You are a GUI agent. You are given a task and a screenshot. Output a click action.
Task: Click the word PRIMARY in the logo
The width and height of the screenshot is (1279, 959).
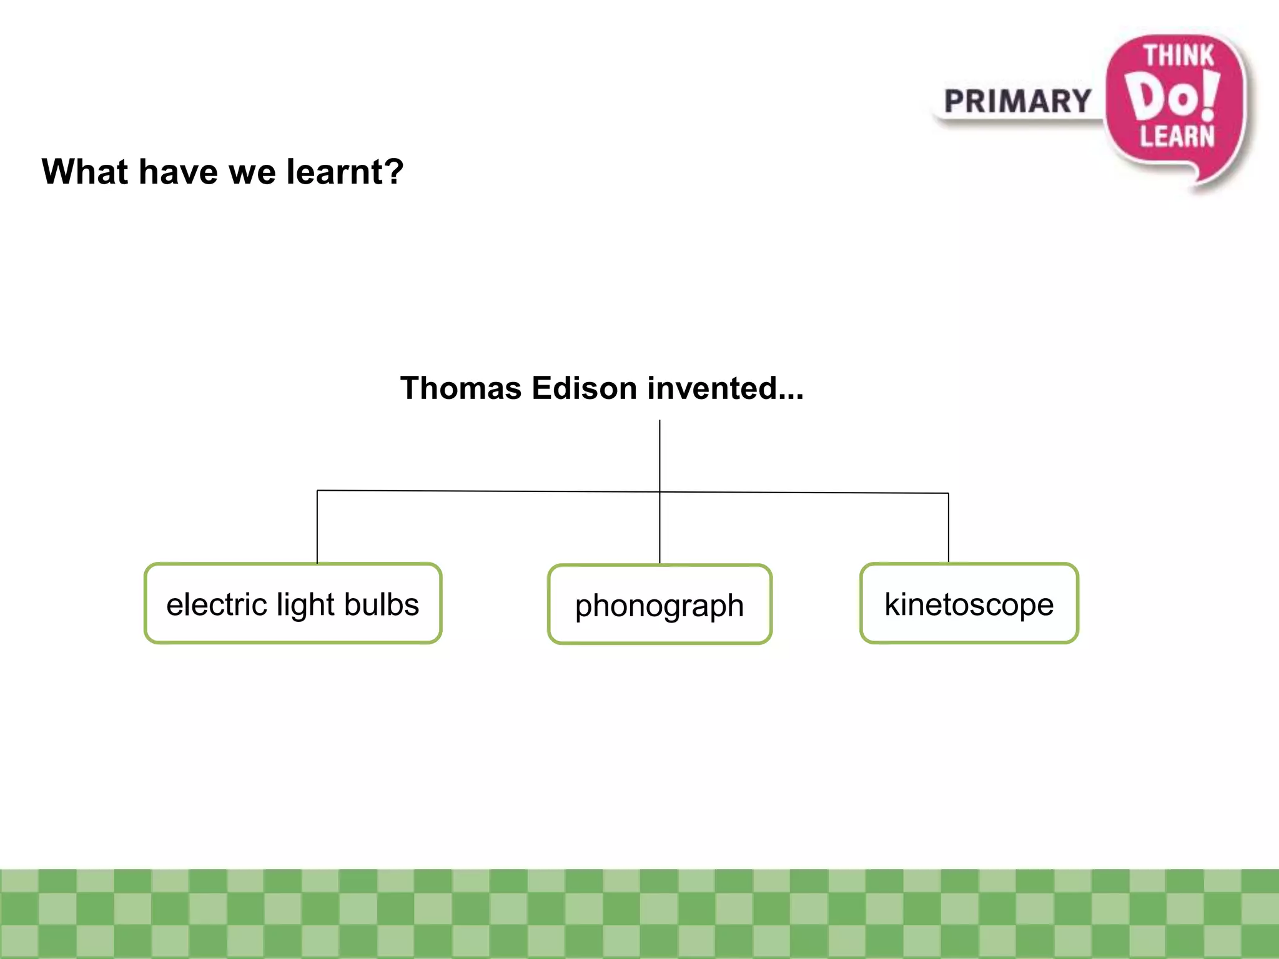1017,101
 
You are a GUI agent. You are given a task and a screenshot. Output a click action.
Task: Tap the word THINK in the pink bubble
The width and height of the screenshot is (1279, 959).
1178,56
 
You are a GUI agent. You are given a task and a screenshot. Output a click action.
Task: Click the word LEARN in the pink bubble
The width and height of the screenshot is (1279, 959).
1177,136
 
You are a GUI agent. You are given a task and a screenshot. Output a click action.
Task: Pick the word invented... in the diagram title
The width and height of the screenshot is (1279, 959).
725,388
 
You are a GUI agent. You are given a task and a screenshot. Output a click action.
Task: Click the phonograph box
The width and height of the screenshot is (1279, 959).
659,604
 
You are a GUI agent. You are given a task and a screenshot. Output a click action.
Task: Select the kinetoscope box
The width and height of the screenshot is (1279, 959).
969,603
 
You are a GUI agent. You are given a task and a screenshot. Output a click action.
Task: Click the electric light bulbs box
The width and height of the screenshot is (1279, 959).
293,603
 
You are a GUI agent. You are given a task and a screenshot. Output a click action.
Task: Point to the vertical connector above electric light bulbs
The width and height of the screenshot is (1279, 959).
317,527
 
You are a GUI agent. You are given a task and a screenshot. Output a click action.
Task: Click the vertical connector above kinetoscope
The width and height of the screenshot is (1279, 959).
948,528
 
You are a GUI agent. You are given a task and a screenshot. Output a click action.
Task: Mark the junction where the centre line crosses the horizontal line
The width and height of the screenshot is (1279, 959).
659,492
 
